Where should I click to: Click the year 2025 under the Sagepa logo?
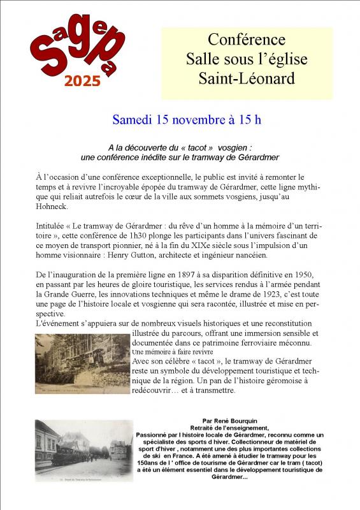click(x=82, y=80)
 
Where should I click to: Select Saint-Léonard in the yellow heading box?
click(x=247, y=78)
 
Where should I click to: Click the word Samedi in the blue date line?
click(x=133, y=119)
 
